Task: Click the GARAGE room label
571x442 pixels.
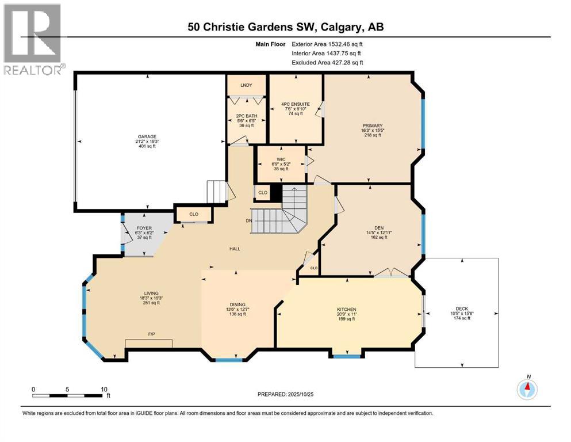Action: (x=147, y=137)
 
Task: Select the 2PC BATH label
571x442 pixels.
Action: (x=246, y=116)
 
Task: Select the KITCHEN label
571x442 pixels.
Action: (x=346, y=310)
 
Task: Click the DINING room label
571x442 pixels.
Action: (x=237, y=304)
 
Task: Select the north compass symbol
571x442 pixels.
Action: (x=527, y=389)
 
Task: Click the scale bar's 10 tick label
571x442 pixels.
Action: (x=104, y=389)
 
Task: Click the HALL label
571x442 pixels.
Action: (x=234, y=249)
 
